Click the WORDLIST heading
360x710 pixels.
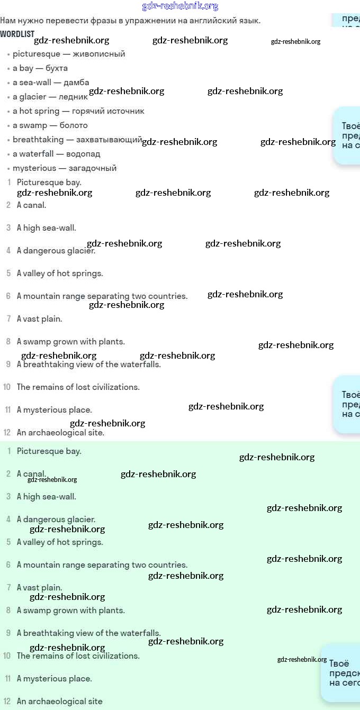pyautogui.click(x=17, y=34)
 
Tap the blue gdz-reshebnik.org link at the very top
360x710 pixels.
pyautogui.click(x=180, y=6)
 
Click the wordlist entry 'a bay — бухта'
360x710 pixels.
pyautogui.click(x=40, y=68)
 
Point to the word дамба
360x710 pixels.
pyautogui.click(x=76, y=83)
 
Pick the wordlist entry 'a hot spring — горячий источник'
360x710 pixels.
pyautogui.click(x=78, y=111)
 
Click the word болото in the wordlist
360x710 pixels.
pyautogui.click(x=74, y=125)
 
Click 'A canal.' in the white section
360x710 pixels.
pyautogui.click(x=31, y=205)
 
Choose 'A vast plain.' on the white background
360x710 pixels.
pyautogui.click(x=39, y=319)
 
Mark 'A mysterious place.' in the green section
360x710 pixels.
pyautogui.click(x=54, y=679)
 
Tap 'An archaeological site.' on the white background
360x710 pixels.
pyautogui.click(x=60, y=433)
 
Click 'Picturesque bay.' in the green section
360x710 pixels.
pyautogui.click(x=49, y=451)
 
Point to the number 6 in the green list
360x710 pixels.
pyautogui.click(x=8, y=565)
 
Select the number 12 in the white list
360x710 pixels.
pyautogui.click(x=7, y=433)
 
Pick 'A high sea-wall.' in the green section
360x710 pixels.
pyautogui.click(x=46, y=497)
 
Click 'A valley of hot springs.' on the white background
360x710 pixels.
pyautogui.click(x=60, y=274)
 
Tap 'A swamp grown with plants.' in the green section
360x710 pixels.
pyautogui.click(x=70, y=611)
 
